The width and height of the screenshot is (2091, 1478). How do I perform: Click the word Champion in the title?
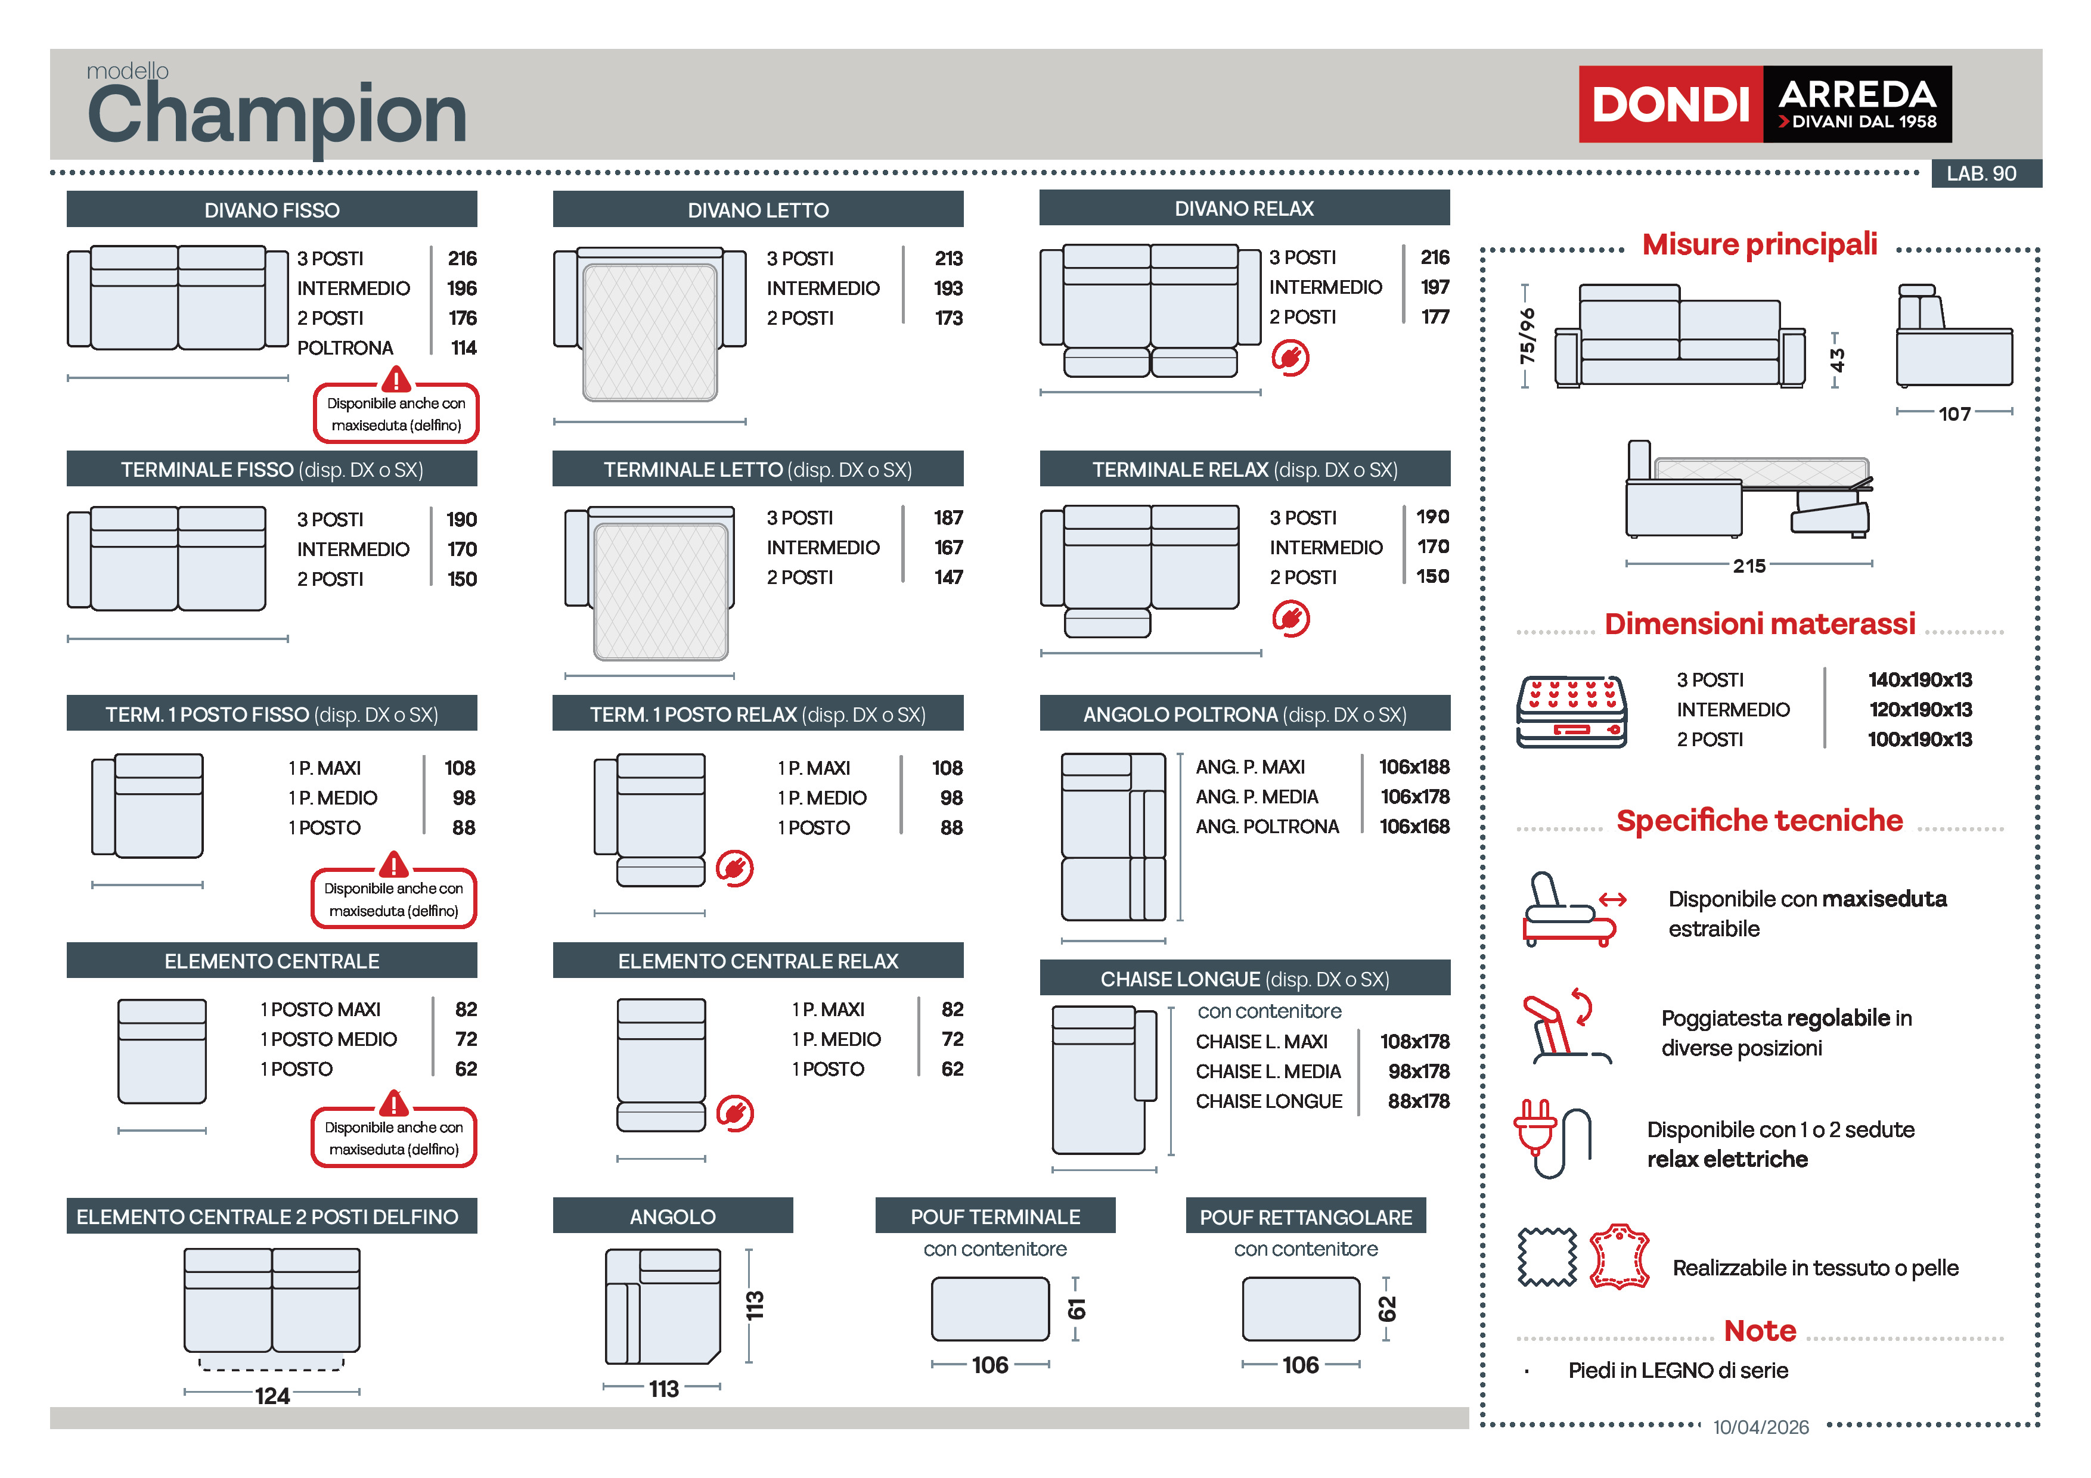pyautogui.click(x=277, y=115)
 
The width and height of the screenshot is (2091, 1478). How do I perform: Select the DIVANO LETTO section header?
pyautogui.click(x=758, y=209)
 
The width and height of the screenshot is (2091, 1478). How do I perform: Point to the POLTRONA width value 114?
pyautogui.click(x=464, y=348)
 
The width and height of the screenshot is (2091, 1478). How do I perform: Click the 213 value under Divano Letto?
pyautogui.click(x=948, y=259)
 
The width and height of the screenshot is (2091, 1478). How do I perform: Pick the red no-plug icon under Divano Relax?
pyautogui.click(x=1290, y=358)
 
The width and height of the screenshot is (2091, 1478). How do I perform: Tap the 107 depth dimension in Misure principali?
pyautogui.click(x=1955, y=414)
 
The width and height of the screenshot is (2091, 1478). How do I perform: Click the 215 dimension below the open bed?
pyautogui.click(x=1749, y=566)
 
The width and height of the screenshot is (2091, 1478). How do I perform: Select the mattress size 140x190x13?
pyautogui.click(x=1920, y=680)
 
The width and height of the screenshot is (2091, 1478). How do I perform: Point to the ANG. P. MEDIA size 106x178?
pyautogui.click(x=1414, y=797)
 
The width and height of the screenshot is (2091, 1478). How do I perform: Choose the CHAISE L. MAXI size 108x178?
pyautogui.click(x=1414, y=1042)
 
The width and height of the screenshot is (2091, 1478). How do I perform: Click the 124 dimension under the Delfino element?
pyautogui.click(x=272, y=1396)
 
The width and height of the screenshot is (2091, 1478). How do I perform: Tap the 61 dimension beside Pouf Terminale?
pyautogui.click(x=1076, y=1309)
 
